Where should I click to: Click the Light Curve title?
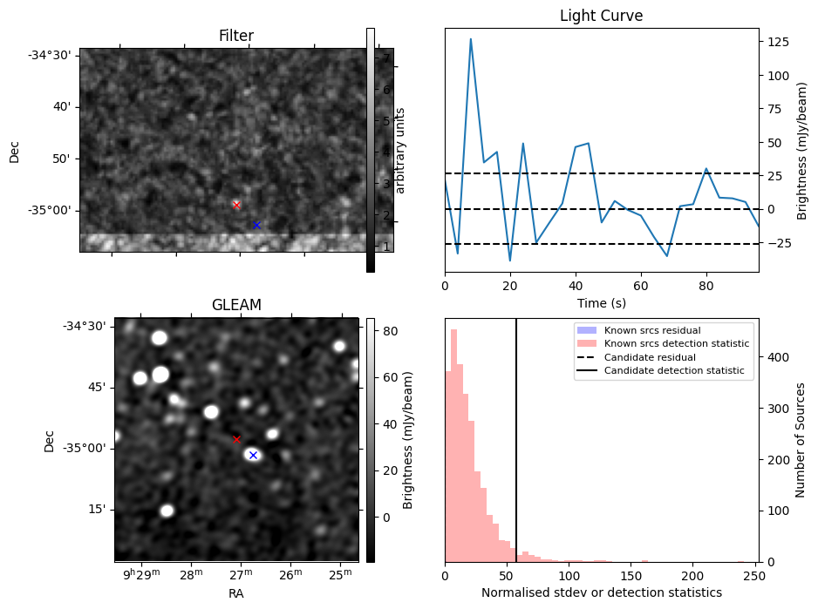point(601,16)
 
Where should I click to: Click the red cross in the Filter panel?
point(236,205)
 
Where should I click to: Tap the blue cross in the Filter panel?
point(256,225)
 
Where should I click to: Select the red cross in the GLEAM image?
point(236,439)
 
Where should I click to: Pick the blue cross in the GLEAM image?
point(253,455)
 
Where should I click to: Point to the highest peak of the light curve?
point(471,39)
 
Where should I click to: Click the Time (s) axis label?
point(601,303)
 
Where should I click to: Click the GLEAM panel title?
point(236,305)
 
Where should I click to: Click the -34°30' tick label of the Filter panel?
point(54,55)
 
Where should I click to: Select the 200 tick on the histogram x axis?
point(693,576)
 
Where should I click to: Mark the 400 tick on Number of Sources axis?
point(778,357)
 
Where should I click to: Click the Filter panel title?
point(236,36)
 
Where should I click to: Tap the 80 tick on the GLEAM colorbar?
point(390,331)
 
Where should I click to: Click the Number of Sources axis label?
point(801,440)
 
